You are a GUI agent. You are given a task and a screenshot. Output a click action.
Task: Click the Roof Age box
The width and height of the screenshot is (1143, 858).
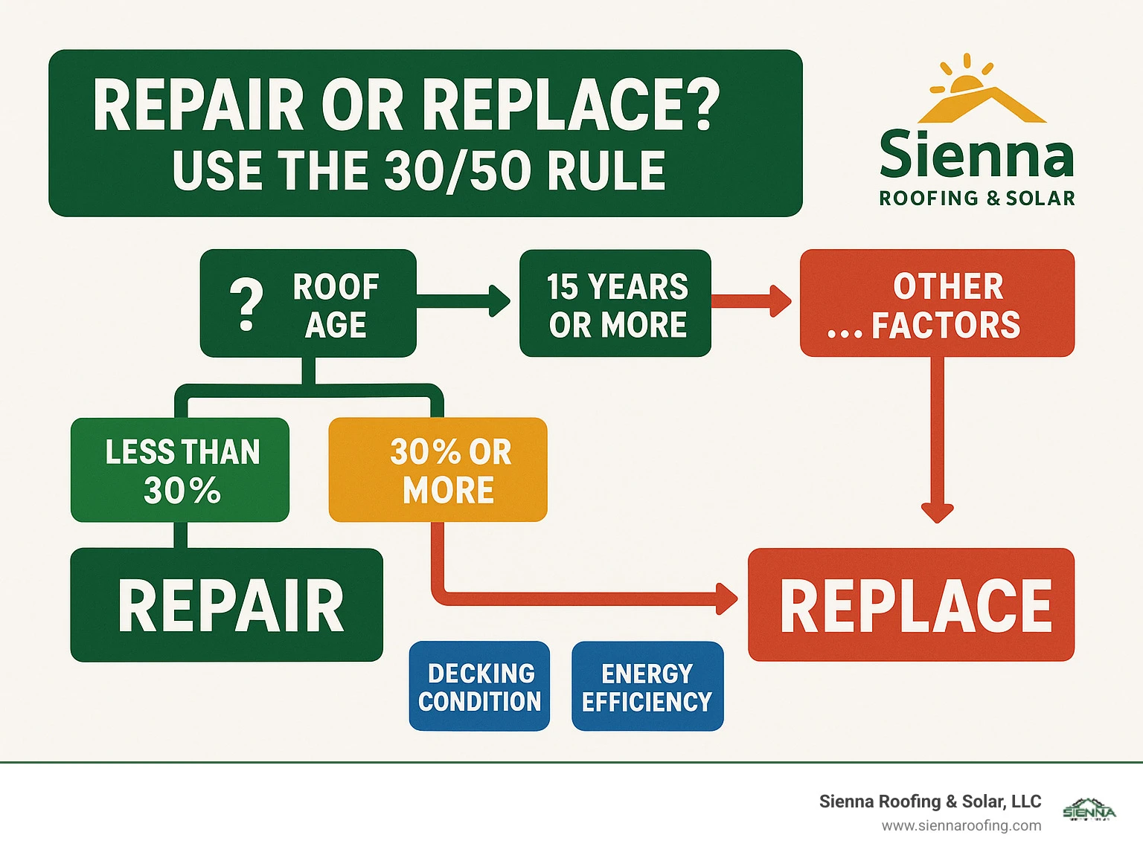pyautogui.click(x=308, y=303)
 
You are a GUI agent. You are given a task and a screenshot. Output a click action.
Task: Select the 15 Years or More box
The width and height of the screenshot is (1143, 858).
pyautogui.click(x=615, y=303)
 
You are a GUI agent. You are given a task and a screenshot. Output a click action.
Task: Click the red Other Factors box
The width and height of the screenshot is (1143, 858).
pyautogui.click(x=938, y=303)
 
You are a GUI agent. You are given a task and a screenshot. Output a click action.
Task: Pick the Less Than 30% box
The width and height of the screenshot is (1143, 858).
pyautogui.click(x=180, y=470)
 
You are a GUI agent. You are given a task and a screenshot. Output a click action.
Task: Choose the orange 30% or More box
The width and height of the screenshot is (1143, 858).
pyautogui.click(x=438, y=470)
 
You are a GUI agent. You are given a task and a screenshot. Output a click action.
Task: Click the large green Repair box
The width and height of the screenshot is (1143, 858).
pyautogui.click(x=227, y=605)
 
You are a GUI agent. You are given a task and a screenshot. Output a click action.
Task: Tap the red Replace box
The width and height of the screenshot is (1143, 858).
pyautogui.click(x=912, y=604)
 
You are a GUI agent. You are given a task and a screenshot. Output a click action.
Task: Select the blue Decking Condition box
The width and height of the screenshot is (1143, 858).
pyautogui.click(x=479, y=686)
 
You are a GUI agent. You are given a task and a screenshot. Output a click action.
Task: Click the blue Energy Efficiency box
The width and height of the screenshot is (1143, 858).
pyautogui.click(x=648, y=686)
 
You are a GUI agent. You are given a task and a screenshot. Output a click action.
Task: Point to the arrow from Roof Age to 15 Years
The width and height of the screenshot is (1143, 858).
pyautogui.click(x=464, y=301)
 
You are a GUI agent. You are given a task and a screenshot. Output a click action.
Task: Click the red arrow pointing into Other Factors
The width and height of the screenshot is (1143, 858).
pyautogui.click(x=752, y=301)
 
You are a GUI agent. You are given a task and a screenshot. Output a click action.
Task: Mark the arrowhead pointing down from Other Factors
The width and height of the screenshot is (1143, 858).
pyautogui.click(x=938, y=513)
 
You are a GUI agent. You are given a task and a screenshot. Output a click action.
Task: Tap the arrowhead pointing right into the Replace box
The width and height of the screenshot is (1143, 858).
pyautogui.click(x=727, y=599)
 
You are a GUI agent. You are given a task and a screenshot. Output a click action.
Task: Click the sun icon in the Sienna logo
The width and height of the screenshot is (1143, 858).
pyautogui.click(x=966, y=78)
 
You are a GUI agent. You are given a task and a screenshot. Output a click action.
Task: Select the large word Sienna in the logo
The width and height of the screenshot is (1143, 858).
pyautogui.click(x=977, y=154)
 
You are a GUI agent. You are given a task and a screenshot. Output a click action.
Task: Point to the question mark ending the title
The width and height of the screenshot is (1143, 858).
pyautogui.click(x=703, y=105)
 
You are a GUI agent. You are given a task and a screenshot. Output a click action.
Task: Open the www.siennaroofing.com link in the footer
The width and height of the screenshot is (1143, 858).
pyautogui.click(x=961, y=826)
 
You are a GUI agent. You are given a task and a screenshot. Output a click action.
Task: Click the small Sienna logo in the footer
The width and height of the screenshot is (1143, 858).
pyautogui.click(x=1089, y=810)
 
